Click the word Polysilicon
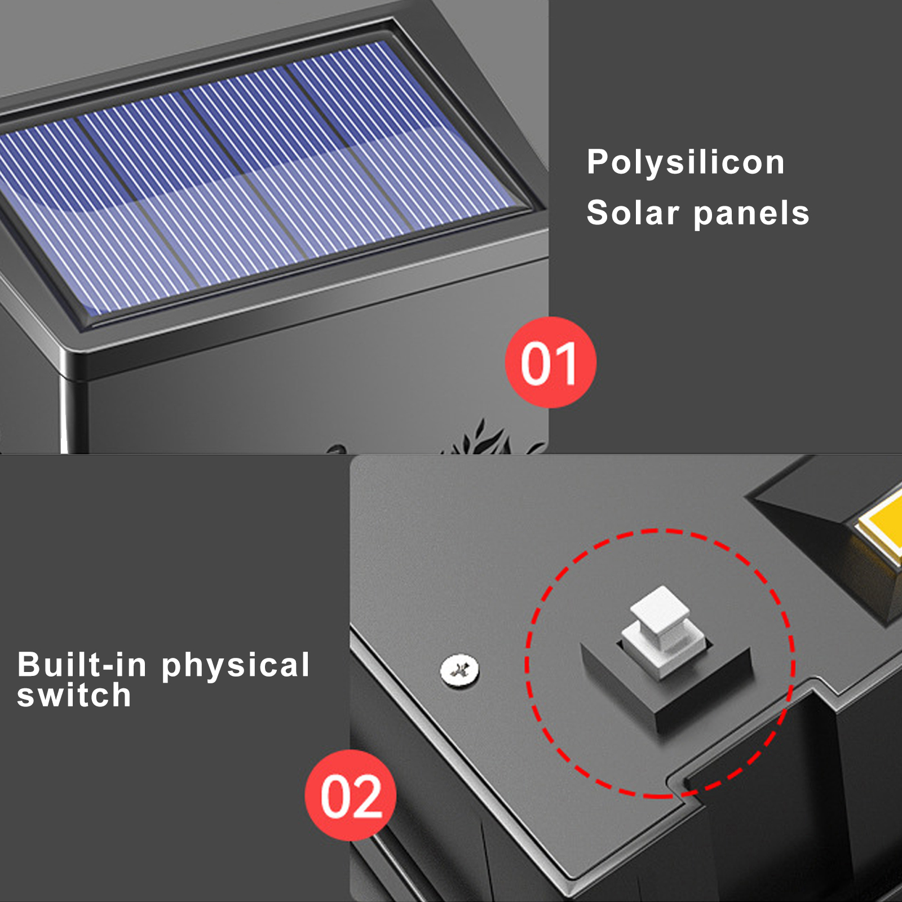(686, 163)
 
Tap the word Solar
(633, 213)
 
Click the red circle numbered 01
(550, 362)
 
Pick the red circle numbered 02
(351, 795)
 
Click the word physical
(236, 666)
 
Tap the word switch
(74, 695)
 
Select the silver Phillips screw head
(459, 670)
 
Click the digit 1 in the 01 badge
(566, 364)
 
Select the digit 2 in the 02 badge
(368, 797)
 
